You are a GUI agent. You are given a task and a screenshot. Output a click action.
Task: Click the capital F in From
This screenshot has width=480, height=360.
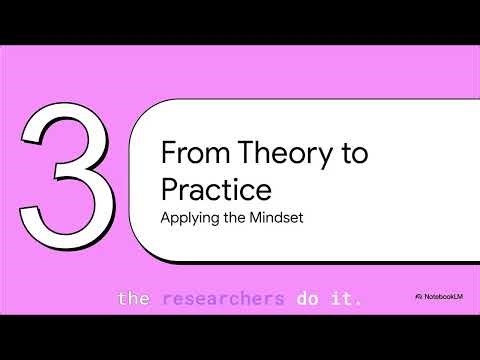(167, 154)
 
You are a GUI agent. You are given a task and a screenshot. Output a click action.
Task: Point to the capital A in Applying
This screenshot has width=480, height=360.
(166, 216)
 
